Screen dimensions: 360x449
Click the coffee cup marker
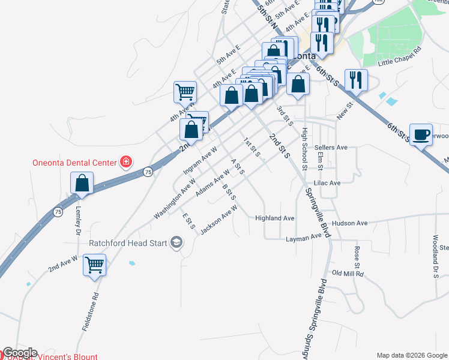421,134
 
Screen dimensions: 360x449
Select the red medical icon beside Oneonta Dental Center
125,161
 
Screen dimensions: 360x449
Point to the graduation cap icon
176,242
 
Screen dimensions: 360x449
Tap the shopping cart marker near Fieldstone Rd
95,265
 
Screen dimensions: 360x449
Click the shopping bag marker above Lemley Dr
82,183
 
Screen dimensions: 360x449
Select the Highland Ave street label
275,218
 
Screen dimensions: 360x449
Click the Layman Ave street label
304,238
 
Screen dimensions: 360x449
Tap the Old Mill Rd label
349,274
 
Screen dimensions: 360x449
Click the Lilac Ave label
327,183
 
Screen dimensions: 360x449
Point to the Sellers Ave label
331,148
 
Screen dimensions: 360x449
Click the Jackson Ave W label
219,220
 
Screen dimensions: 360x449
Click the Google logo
20,353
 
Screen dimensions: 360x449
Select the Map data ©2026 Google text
412,355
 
